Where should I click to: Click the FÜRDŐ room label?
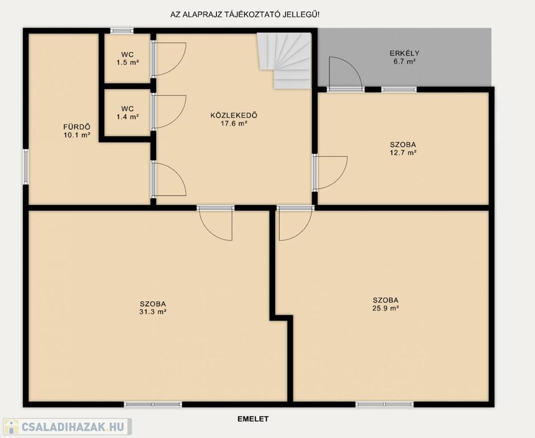pyautogui.click(x=77, y=127)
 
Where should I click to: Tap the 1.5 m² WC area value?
pyautogui.click(x=128, y=63)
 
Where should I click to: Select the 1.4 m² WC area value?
pyautogui.click(x=128, y=117)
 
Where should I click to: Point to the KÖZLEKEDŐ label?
pyautogui.click(x=234, y=115)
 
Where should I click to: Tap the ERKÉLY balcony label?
pyautogui.click(x=405, y=53)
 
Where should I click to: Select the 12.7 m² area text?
pyautogui.click(x=403, y=153)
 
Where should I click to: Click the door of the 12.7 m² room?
pyautogui.click(x=330, y=173)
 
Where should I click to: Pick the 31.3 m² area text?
pyautogui.click(x=153, y=312)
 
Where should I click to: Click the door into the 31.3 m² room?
pyautogui.click(x=215, y=223)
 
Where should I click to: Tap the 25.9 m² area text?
pyautogui.click(x=386, y=308)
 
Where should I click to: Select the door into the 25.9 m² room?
pyautogui.click(x=296, y=223)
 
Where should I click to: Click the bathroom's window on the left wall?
pyautogui.click(x=26, y=167)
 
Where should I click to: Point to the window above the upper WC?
pyautogui.click(x=122, y=31)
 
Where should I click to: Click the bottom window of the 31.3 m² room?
pyautogui.click(x=153, y=404)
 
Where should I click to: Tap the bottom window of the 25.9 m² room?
pyautogui.click(x=385, y=404)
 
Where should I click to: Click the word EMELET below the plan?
pyautogui.click(x=253, y=419)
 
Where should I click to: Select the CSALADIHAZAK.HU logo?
pyautogui.click(x=66, y=427)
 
